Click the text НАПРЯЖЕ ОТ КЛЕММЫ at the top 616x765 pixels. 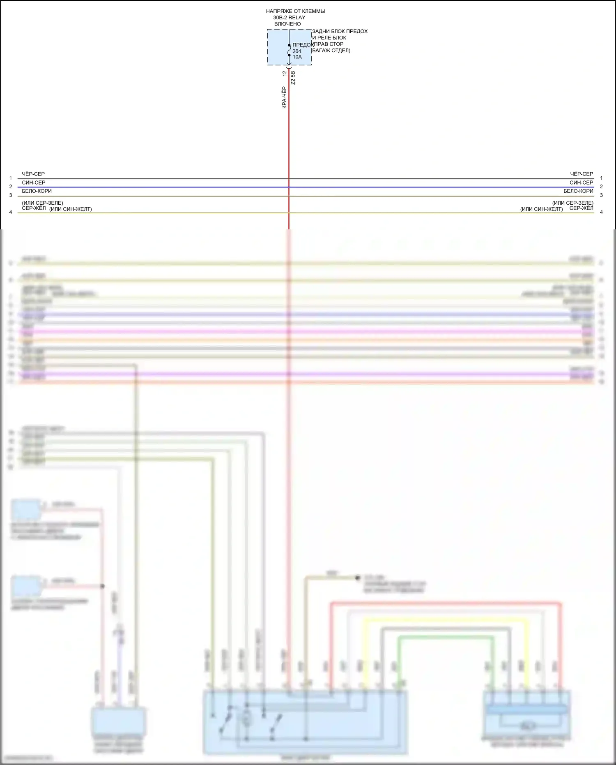(x=295, y=11)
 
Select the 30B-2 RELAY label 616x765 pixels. (x=289, y=18)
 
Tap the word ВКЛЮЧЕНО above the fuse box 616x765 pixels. (x=287, y=24)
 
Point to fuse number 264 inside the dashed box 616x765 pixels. (x=297, y=51)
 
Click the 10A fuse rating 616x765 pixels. (x=297, y=57)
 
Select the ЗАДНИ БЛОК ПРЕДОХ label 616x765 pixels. (x=340, y=31)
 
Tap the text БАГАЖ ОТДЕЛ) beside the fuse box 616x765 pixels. (x=331, y=51)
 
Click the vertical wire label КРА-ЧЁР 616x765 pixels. (x=284, y=97)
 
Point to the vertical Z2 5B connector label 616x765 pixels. (x=293, y=78)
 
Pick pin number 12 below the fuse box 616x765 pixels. (x=285, y=73)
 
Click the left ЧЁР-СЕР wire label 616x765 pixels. (x=33, y=174)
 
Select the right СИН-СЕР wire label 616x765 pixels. (x=581, y=183)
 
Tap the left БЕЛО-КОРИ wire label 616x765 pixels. (x=37, y=191)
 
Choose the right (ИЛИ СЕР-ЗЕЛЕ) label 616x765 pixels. (x=572, y=203)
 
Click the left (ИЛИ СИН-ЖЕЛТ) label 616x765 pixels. (x=71, y=209)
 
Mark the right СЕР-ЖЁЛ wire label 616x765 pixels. (x=581, y=208)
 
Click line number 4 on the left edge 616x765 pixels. (x=11, y=212)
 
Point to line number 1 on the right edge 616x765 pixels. (x=601, y=178)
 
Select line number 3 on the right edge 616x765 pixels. (x=601, y=195)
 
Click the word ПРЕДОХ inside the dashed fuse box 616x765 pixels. (x=303, y=45)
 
